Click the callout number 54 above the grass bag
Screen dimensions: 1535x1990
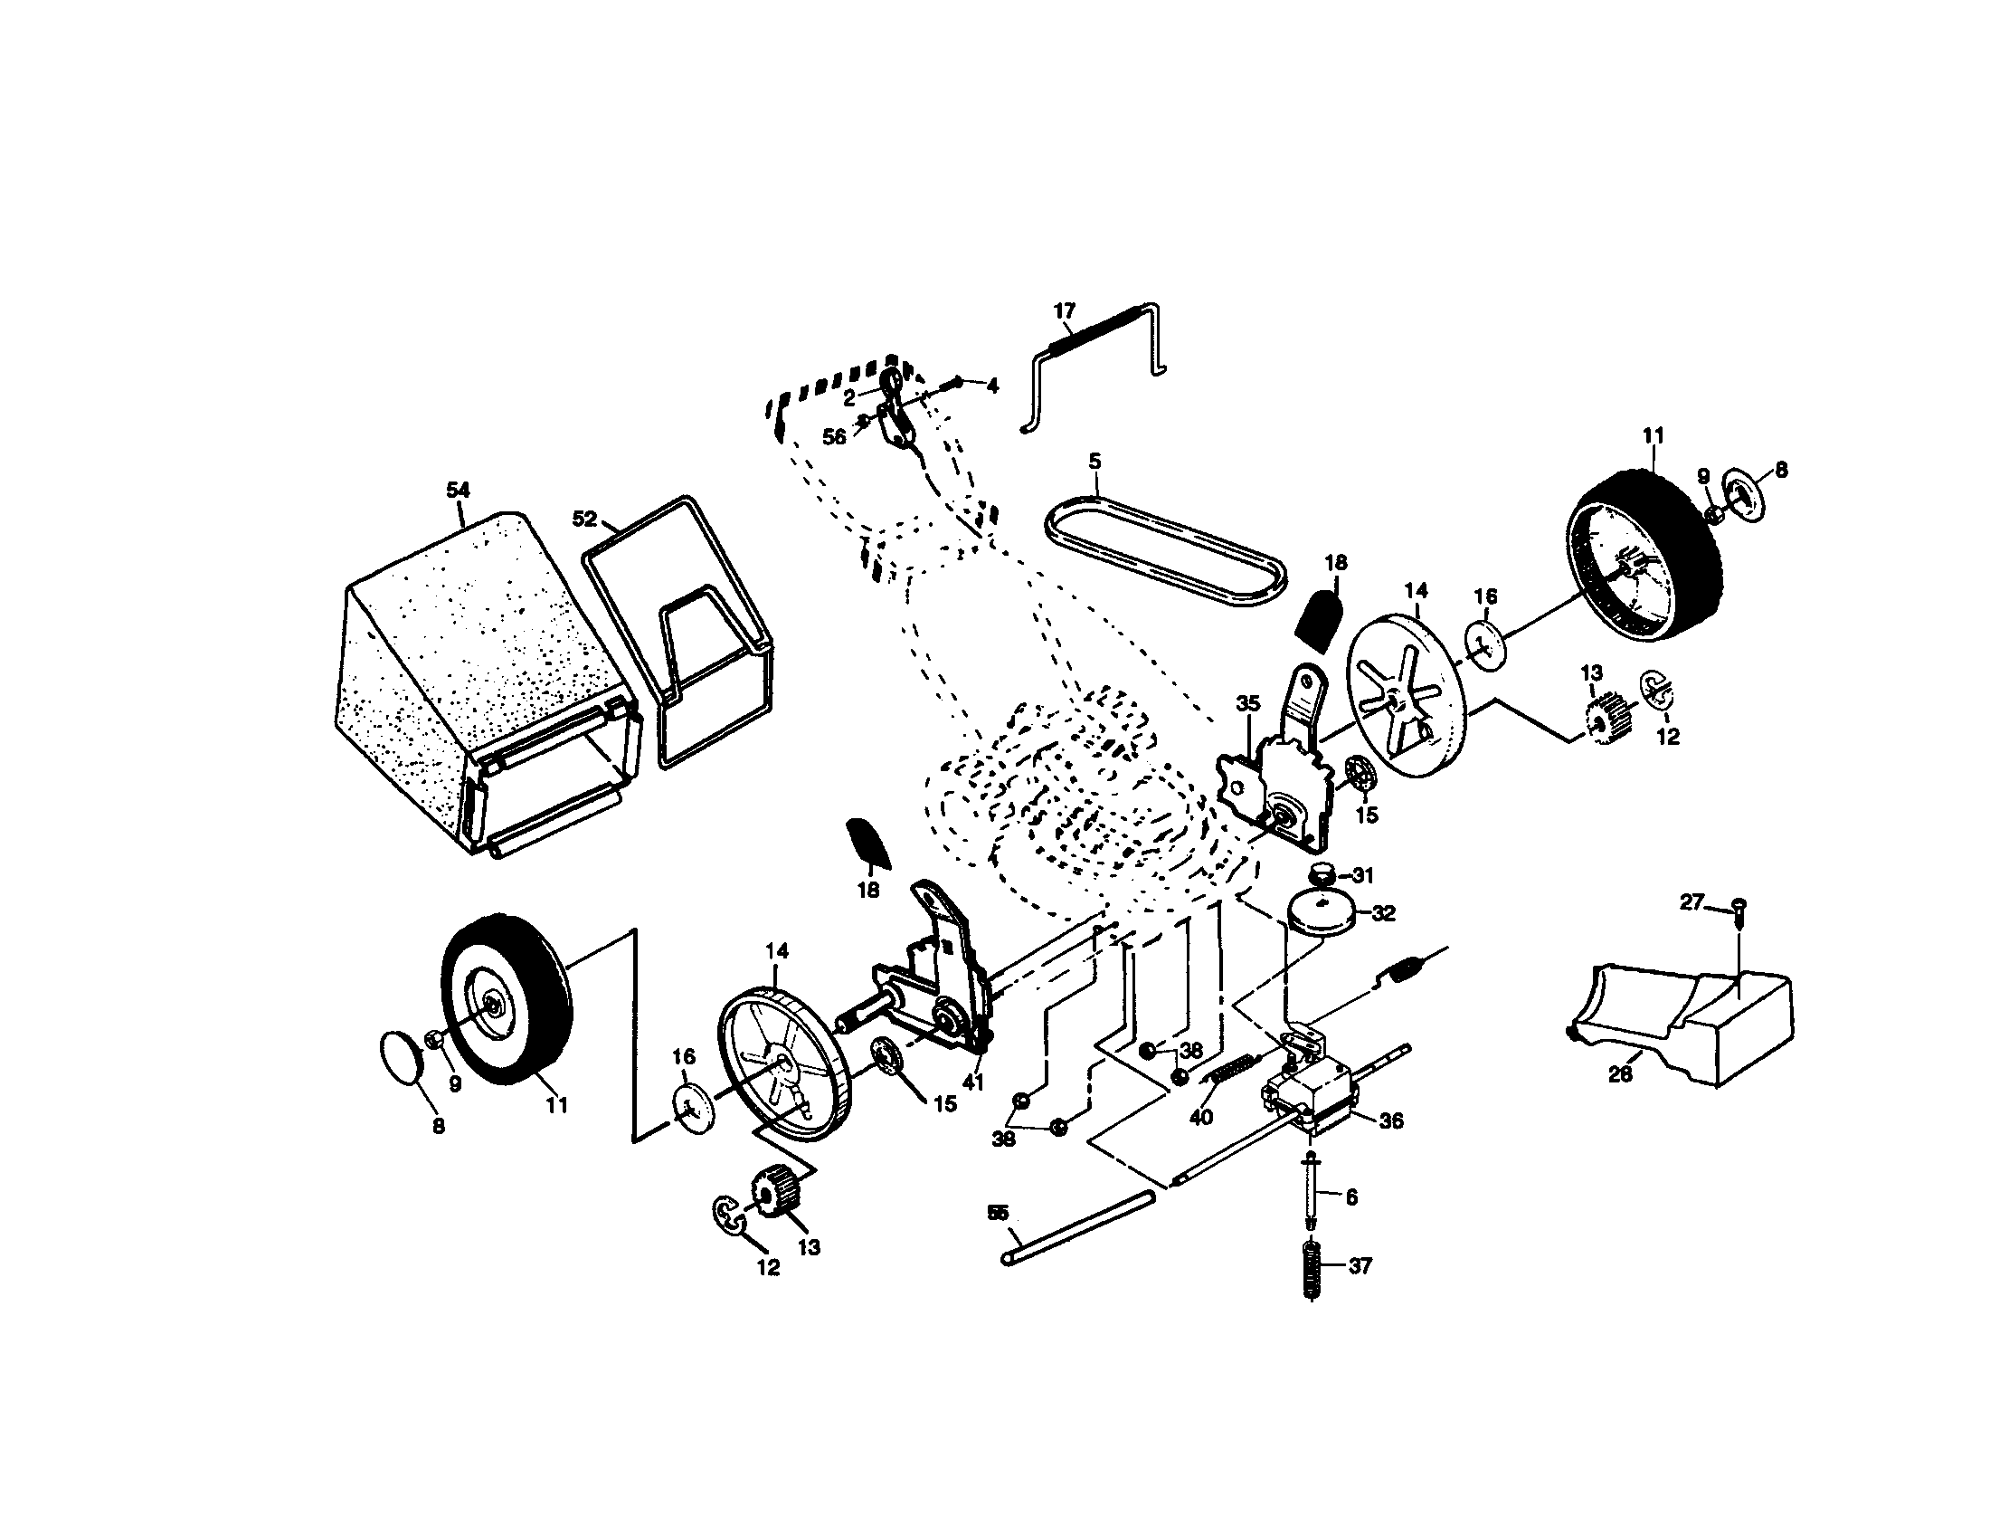pos(458,491)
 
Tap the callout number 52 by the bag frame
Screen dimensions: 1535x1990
pos(584,519)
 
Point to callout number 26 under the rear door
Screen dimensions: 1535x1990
pos(1619,1073)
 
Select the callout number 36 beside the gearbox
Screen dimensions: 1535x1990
pos(1390,1120)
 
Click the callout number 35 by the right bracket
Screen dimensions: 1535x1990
pos(1247,704)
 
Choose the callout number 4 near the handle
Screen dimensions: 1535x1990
pos(991,386)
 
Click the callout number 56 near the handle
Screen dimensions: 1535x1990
pos(834,436)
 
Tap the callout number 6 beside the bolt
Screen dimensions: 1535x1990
pos(1351,1197)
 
